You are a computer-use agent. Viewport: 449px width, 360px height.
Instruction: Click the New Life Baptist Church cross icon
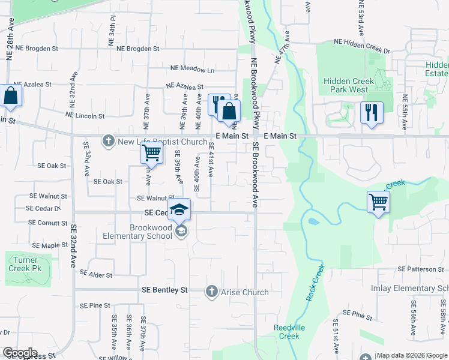click(x=109, y=142)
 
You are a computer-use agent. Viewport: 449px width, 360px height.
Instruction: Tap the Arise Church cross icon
click(x=211, y=292)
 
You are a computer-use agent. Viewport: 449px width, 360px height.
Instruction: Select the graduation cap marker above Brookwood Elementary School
click(x=179, y=210)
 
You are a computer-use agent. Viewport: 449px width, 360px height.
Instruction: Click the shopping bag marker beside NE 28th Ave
click(x=10, y=95)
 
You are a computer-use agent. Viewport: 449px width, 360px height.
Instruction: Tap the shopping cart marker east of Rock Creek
click(x=378, y=202)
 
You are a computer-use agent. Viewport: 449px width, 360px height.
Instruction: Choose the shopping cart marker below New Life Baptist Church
click(x=151, y=153)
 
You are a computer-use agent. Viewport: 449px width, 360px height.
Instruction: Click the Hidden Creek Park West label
click(x=346, y=85)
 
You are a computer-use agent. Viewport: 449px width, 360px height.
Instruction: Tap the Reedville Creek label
click(x=286, y=332)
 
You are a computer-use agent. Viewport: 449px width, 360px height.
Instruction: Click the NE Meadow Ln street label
click(x=191, y=70)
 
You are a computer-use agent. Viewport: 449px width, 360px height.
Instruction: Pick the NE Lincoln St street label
click(x=85, y=115)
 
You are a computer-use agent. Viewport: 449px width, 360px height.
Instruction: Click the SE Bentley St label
click(x=164, y=290)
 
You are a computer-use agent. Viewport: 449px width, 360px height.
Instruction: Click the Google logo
click(x=19, y=353)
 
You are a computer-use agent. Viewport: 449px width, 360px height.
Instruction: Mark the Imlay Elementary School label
click(x=418, y=289)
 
